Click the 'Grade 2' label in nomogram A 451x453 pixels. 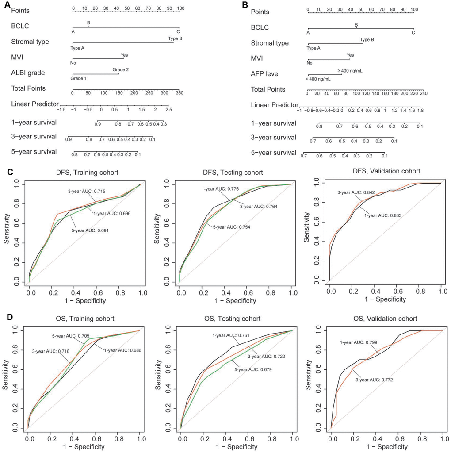pyautogui.click(x=120, y=69)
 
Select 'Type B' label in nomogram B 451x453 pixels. pyautogui.click(x=366, y=39)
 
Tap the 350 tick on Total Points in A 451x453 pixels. pyautogui.click(x=179, y=93)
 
